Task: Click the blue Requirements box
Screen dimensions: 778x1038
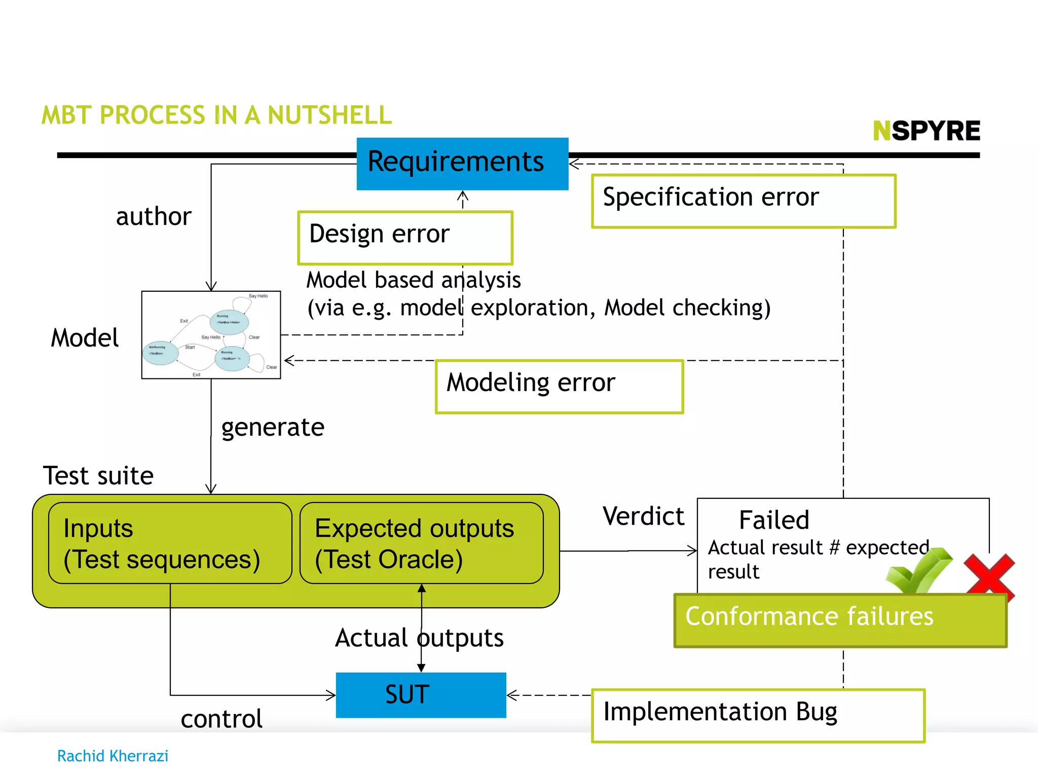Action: (462, 163)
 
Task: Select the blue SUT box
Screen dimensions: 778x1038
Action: (420, 694)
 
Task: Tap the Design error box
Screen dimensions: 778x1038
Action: (405, 237)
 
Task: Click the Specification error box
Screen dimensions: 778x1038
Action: (743, 201)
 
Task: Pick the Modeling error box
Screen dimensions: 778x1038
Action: (559, 386)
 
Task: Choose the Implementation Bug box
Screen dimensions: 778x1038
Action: (758, 715)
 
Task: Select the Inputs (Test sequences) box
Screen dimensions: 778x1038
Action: (170, 542)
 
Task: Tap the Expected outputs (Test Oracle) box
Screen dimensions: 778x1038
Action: (421, 542)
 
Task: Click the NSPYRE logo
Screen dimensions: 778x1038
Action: (926, 131)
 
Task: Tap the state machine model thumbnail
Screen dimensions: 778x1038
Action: (211, 334)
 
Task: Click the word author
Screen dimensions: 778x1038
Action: (154, 216)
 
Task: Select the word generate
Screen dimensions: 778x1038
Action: (273, 427)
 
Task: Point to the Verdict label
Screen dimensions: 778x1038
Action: (643, 516)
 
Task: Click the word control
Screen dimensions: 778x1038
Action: (221, 718)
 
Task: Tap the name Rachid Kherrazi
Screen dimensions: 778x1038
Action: (113, 756)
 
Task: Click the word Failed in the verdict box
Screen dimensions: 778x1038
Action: (773, 520)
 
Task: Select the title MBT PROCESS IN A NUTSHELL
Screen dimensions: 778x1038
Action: (216, 115)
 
